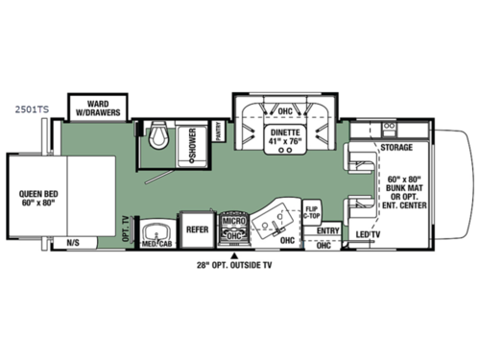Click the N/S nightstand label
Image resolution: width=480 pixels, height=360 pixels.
point(73,242)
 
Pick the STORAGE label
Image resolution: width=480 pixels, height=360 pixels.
point(396,148)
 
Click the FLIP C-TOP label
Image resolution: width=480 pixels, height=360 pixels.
point(312,212)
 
